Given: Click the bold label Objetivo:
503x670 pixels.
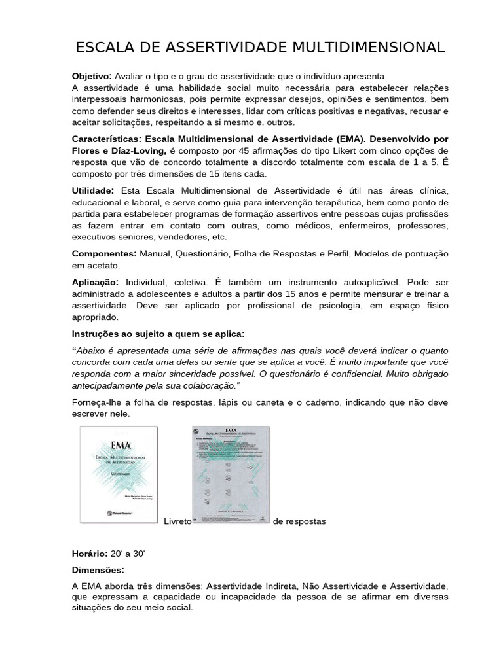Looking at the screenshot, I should [x=92, y=77].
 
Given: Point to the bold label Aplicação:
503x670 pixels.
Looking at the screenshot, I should [x=95, y=282].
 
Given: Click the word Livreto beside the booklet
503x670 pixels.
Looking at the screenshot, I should [x=177, y=521].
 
